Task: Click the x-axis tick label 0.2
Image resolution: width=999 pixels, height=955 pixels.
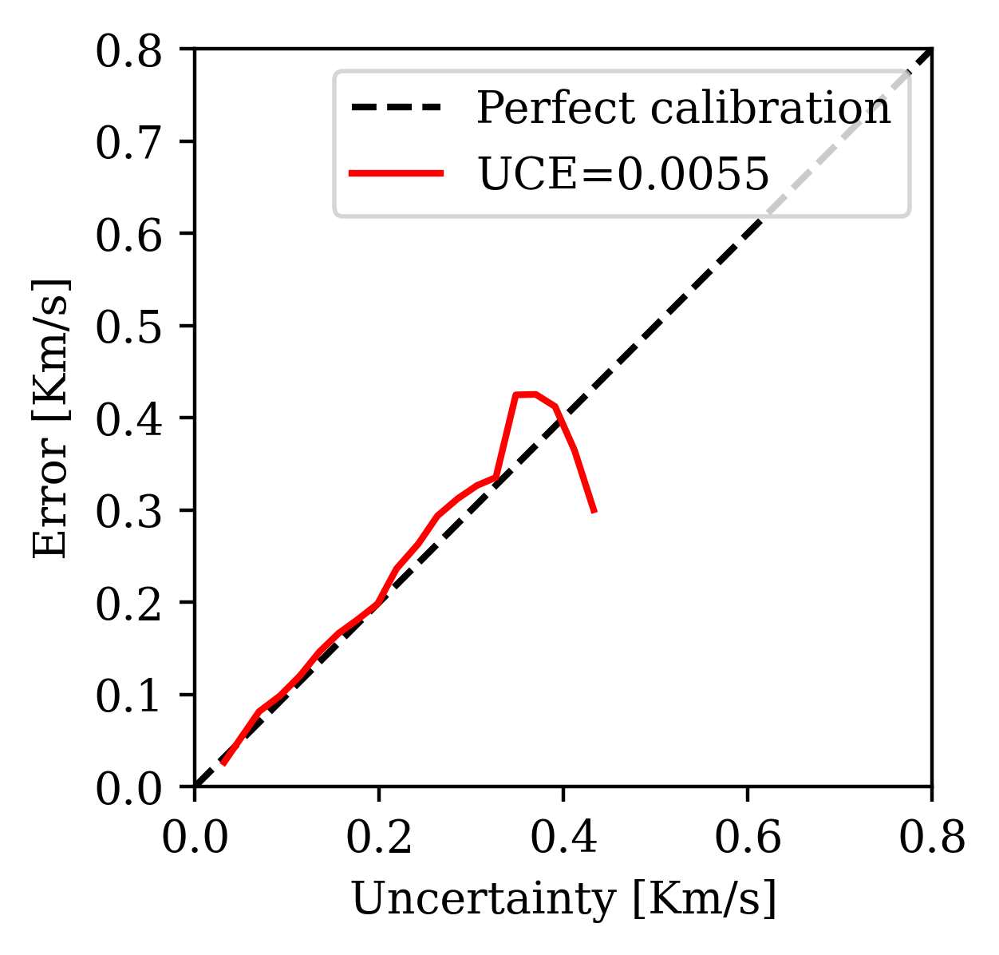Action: coord(379,839)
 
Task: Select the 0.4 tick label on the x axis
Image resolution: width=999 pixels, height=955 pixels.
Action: coord(563,839)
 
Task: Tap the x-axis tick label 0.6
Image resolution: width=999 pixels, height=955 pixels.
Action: coord(748,839)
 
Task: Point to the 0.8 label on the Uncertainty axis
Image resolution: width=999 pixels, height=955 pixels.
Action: coord(931,839)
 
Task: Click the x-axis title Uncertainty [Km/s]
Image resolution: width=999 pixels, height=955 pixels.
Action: coord(563,901)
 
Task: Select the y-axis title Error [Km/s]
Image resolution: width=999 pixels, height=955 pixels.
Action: coord(51,418)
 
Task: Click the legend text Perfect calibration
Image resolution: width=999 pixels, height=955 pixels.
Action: coord(683,109)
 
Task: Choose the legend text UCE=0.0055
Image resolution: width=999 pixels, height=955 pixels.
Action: coord(622,174)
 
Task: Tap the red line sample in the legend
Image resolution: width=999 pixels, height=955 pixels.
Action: coord(397,174)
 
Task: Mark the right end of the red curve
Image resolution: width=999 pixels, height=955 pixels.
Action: coord(594,512)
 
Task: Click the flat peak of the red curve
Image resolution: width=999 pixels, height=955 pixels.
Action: coord(526,394)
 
